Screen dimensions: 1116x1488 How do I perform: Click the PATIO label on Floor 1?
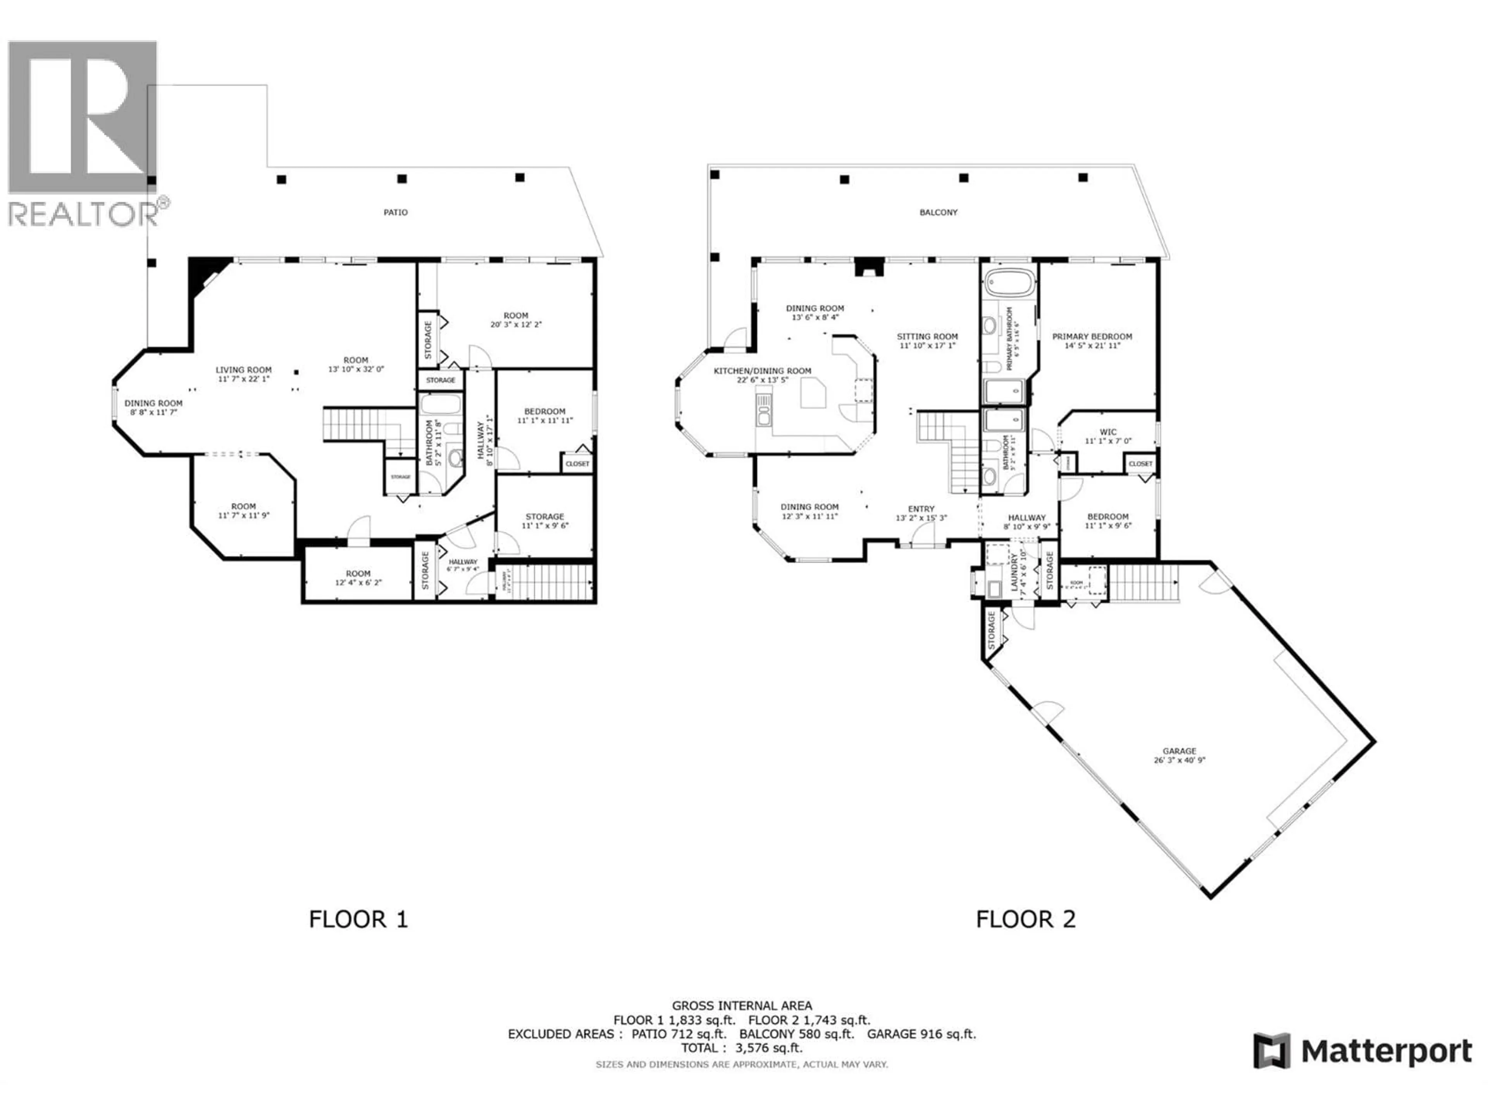coord(396,212)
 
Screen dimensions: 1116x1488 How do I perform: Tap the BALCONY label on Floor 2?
coord(939,212)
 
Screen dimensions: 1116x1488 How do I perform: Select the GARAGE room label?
coord(1179,751)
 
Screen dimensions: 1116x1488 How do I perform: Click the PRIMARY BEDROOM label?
coord(1092,336)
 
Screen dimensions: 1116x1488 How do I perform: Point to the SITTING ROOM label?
coord(927,336)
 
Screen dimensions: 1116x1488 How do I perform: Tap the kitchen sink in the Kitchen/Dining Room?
coord(763,410)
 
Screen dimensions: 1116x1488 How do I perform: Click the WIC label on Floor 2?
coord(1108,432)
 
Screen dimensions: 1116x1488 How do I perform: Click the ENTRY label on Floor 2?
coord(921,509)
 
